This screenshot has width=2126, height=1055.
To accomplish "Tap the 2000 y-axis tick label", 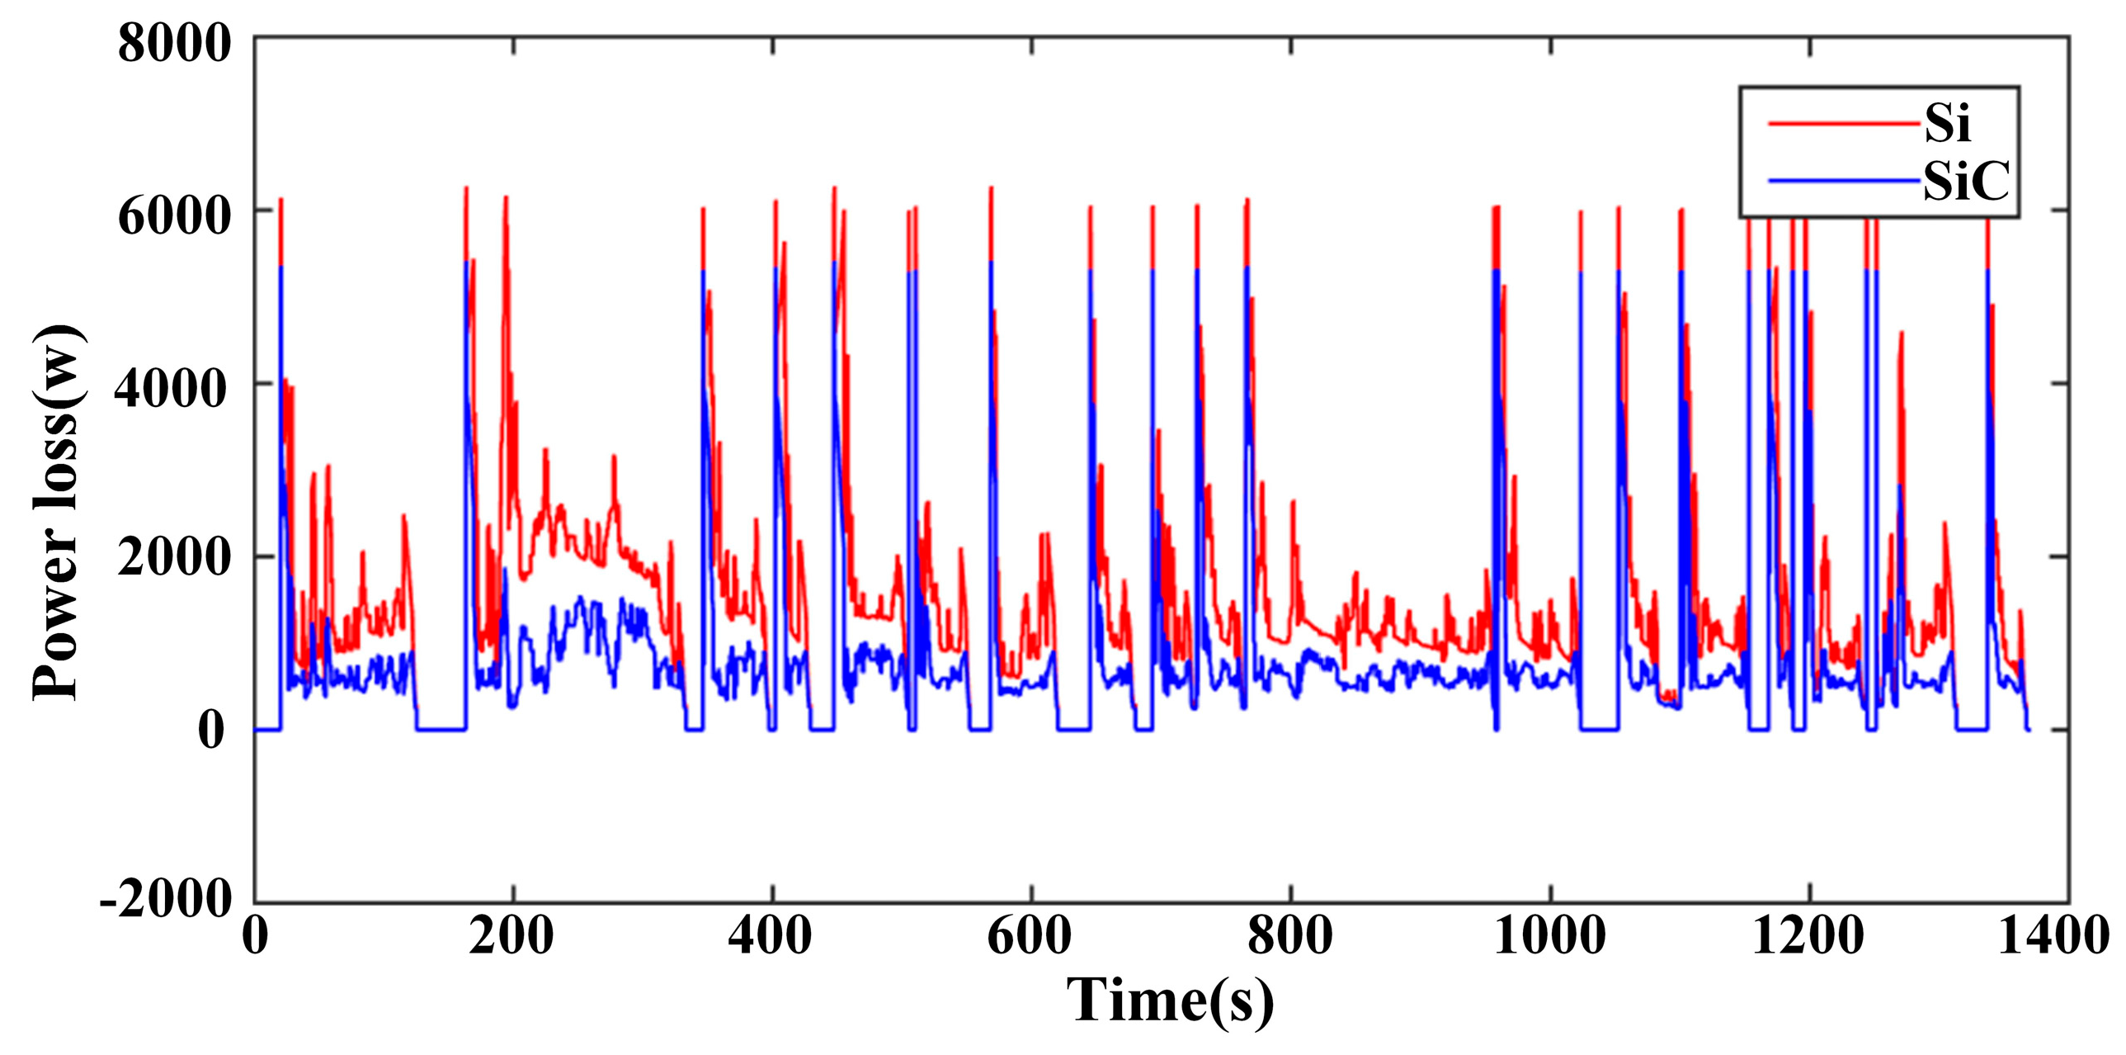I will click(x=173, y=561).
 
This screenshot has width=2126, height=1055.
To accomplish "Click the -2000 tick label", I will click(x=166, y=898).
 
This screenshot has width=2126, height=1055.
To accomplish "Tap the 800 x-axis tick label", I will click(x=1289, y=937).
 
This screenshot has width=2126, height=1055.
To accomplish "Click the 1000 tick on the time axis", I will click(x=1549, y=937).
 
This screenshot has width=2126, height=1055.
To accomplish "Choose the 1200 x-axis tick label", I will click(x=1808, y=937).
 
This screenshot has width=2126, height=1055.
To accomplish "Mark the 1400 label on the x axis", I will click(x=2053, y=937).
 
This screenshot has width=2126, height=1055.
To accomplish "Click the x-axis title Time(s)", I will click(x=1170, y=1001).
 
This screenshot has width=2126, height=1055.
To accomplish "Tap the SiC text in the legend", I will click(x=1966, y=181).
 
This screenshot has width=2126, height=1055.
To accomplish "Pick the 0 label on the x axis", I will click(x=256, y=937).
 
